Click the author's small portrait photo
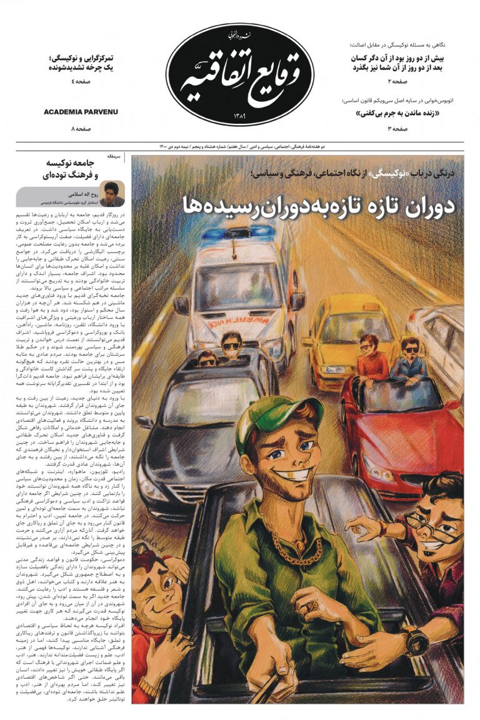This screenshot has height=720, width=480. click(x=112, y=194)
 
